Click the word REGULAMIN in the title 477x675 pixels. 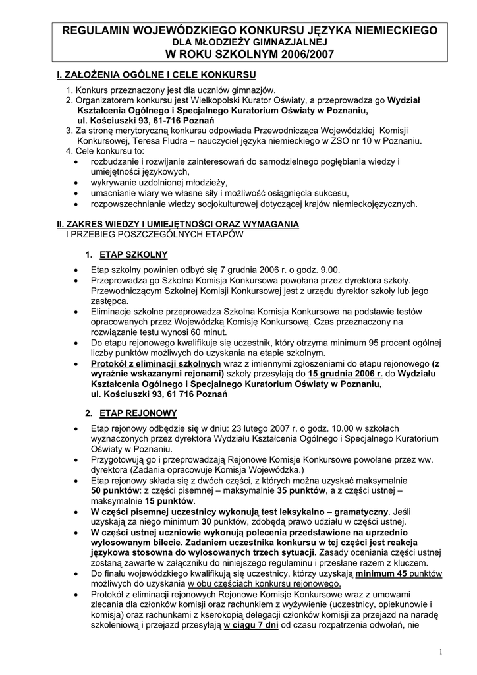point(97,30)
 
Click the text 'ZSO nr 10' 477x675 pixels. point(356,141)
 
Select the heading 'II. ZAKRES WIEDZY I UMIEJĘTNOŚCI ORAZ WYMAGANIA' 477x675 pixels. point(178,225)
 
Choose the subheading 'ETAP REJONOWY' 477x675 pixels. point(138,413)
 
